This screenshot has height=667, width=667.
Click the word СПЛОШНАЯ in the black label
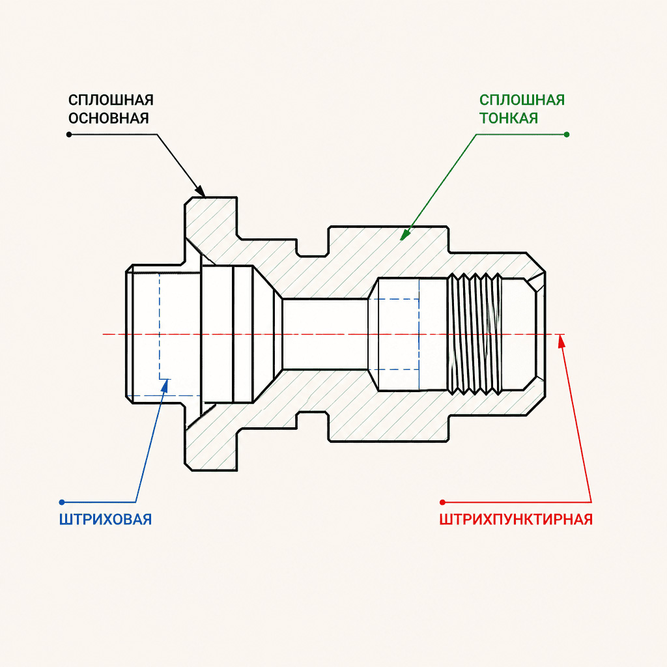(111, 100)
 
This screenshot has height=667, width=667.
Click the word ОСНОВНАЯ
(109, 118)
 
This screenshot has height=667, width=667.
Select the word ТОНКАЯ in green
(508, 118)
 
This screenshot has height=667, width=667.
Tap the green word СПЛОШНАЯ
(522, 100)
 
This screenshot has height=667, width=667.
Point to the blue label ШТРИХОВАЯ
(106, 519)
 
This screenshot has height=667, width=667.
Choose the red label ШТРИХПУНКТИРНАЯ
(516, 519)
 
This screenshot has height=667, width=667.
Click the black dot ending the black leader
(69, 134)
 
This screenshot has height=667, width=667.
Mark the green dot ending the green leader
(566, 134)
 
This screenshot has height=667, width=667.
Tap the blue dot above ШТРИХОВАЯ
(62, 502)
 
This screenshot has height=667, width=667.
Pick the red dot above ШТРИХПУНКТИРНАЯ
(442, 502)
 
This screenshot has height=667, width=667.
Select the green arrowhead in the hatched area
(405, 234)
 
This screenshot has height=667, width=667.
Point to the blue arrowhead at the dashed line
(165, 384)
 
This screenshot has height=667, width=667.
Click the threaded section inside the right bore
(475, 334)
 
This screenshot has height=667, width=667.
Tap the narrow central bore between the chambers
(326, 334)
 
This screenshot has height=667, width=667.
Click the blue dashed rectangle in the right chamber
(394, 334)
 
